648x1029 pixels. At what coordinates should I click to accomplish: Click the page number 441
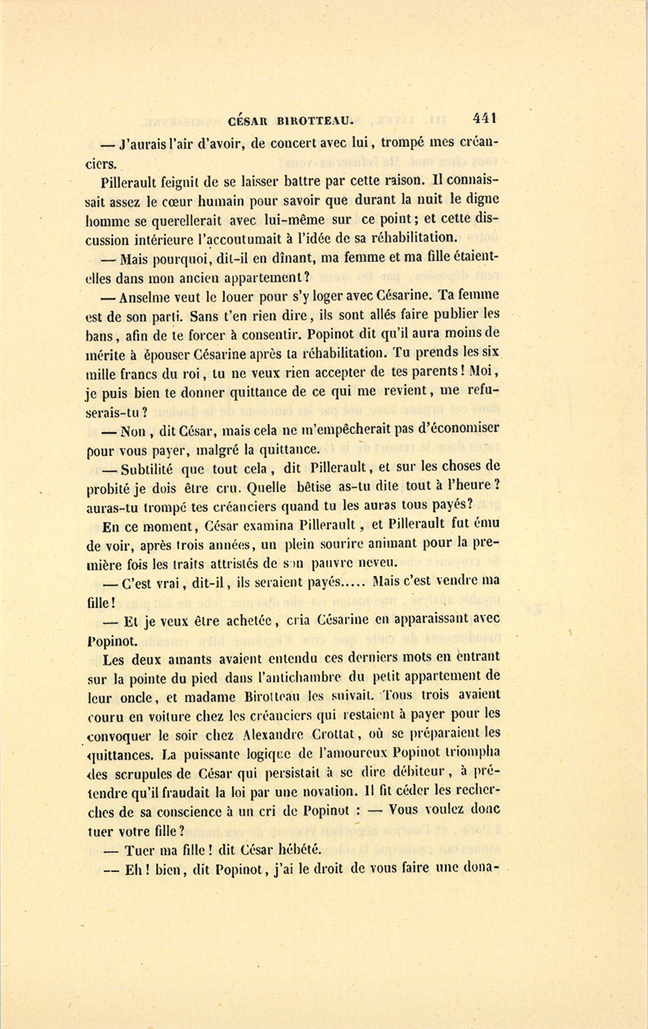(x=485, y=119)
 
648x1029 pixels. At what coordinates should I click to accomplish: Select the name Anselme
(x=148, y=296)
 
